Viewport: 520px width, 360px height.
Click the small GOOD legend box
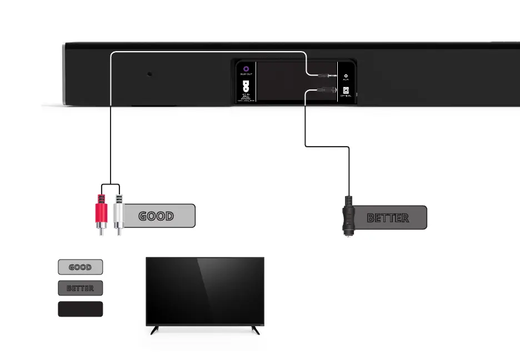(81, 267)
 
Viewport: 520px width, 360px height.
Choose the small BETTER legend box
(81, 288)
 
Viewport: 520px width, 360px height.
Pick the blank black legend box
(81, 309)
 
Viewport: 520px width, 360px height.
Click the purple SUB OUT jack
(246, 68)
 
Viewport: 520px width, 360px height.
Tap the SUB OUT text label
(246, 74)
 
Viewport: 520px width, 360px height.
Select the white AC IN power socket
(246, 87)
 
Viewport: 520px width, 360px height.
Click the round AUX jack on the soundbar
(346, 76)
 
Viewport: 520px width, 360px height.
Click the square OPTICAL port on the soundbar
(346, 90)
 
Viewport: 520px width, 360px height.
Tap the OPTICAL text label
(346, 97)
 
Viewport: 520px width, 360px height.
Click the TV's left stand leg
(154, 330)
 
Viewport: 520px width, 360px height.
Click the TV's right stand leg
(255, 330)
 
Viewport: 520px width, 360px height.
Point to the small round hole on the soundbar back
(149, 74)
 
